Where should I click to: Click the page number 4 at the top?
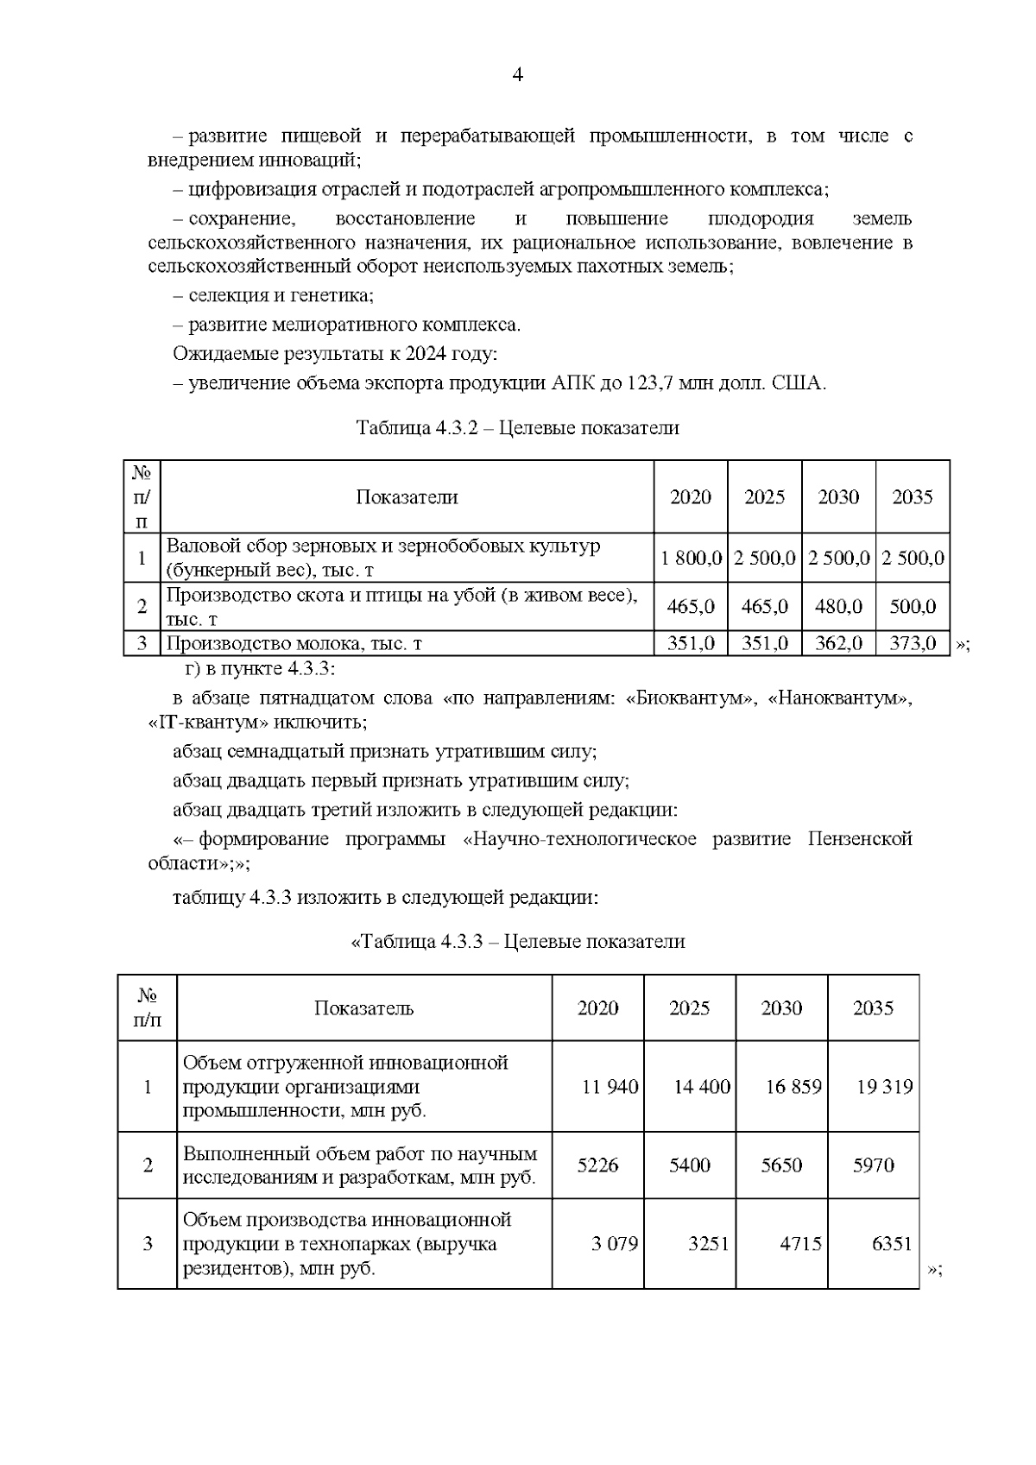[x=518, y=75]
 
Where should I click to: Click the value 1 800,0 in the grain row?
[x=691, y=558]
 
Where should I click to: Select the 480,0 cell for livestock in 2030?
[x=838, y=607]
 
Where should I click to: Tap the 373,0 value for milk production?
[x=913, y=643]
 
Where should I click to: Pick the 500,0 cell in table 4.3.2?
[x=913, y=607]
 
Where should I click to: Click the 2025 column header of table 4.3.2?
[x=765, y=497]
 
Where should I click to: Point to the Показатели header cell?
[x=407, y=497]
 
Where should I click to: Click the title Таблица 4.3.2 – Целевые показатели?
[x=518, y=428]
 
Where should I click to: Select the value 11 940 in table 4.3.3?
[x=610, y=1087]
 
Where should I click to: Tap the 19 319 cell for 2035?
[x=884, y=1087]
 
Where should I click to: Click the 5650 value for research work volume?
[x=781, y=1165]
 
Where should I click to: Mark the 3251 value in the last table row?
[x=708, y=1244]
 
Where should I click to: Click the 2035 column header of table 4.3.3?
[x=873, y=1008]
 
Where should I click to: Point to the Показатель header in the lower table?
[x=363, y=1008]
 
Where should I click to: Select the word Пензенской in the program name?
[x=860, y=839]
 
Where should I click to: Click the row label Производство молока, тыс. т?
[x=294, y=643]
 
